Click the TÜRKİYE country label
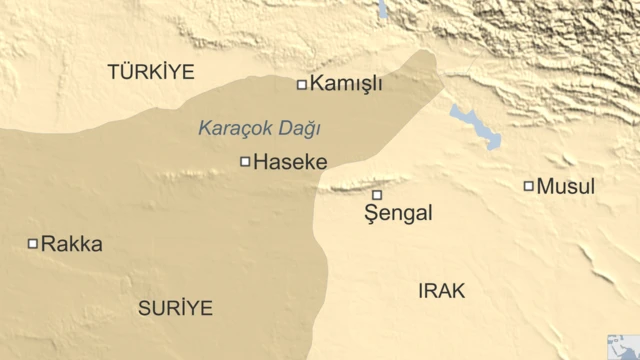tap(151, 71)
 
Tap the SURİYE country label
tap(175, 308)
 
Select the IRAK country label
tap(441, 290)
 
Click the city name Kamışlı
tap(346, 85)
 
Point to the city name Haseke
tap(290, 161)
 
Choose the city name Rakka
tap(72, 243)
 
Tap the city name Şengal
tap(399, 213)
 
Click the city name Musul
tap(566, 186)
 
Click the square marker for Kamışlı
tap(301, 85)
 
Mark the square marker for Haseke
tap(245, 161)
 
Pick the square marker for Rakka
tap(32, 243)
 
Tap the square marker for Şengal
tap(377, 195)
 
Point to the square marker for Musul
tap(528, 186)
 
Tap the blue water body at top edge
tap(382, 9)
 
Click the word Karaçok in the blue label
tap(230, 128)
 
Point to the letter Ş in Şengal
tap(372, 213)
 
